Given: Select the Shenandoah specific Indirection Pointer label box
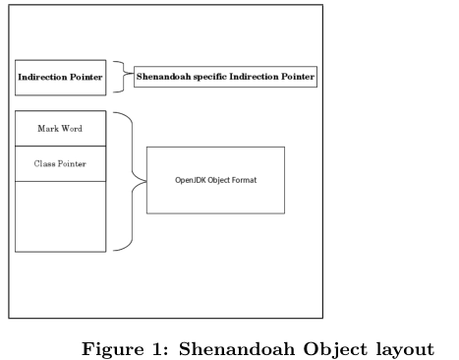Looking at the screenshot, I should click(x=225, y=76).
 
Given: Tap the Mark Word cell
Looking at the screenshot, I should click(x=60, y=129).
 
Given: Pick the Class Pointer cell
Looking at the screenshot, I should click(x=60, y=162).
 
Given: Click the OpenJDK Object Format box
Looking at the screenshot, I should click(x=215, y=180).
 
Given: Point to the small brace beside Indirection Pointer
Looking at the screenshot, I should click(x=120, y=77).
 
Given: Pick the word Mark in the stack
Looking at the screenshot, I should click(x=46, y=129).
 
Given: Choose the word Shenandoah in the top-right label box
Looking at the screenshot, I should click(x=162, y=76).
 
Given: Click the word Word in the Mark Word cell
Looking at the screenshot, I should click(x=72, y=129).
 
